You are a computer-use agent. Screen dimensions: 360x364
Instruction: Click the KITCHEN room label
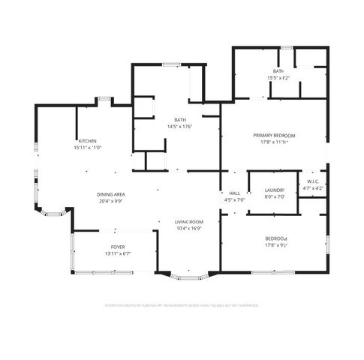pyautogui.click(x=88, y=141)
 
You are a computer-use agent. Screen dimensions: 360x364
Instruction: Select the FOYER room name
pyautogui.click(x=119, y=247)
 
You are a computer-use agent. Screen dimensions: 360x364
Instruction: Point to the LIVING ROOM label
pyautogui.click(x=190, y=222)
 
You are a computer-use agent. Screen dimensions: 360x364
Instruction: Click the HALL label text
pyautogui.click(x=234, y=193)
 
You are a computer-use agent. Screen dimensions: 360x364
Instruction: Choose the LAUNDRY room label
pyautogui.click(x=274, y=190)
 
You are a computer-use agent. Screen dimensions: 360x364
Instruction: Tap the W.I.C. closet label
pyautogui.click(x=313, y=181)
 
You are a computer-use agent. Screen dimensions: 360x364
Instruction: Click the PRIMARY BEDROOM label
pyautogui.click(x=273, y=135)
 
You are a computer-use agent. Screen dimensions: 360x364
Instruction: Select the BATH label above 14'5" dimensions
pyautogui.click(x=180, y=120)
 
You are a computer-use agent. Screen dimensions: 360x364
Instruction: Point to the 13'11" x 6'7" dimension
pyautogui.click(x=119, y=253)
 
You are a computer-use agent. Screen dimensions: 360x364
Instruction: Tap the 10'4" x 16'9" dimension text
pyautogui.click(x=190, y=229)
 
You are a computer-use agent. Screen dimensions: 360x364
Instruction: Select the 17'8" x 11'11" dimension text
pyautogui.click(x=273, y=142)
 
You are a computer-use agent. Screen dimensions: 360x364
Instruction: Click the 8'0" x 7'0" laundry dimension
pyautogui.click(x=274, y=197)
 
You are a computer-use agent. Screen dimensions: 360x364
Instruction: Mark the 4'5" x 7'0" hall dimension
pyautogui.click(x=234, y=200)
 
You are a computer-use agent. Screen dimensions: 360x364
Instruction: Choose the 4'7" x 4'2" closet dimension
pyautogui.click(x=313, y=188)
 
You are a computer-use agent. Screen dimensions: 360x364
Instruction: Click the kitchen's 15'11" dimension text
pyautogui.click(x=88, y=148)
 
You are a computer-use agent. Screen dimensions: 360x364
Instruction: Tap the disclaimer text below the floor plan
pyautogui.click(x=182, y=305)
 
